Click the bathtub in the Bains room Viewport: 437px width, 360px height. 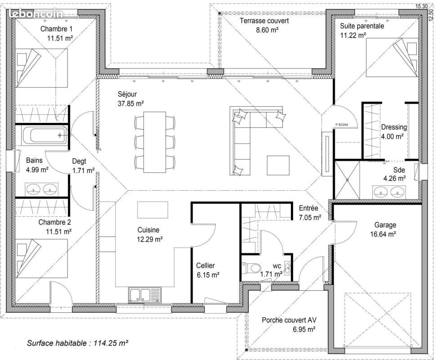[44, 135]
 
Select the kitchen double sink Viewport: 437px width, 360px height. [145, 295]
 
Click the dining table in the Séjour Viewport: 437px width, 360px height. [155, 142]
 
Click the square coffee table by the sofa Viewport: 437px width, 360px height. [278, 165]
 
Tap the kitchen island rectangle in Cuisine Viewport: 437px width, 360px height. [152, 210]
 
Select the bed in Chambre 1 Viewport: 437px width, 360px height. [42, 68]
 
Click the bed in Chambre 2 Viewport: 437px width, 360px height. [42, 258]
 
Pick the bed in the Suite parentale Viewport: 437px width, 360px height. [392, 58]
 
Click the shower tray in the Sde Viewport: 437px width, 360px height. [347, 180]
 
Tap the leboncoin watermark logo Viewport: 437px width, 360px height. [36, 13]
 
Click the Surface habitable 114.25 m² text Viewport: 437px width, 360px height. [77, 343]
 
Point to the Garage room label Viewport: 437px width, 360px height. [385, 225]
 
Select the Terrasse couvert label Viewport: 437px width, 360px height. [264, 21]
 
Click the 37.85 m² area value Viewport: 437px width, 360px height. [131, 104]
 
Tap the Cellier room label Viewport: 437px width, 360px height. [205, 265]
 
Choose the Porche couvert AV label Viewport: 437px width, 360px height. [289, 320]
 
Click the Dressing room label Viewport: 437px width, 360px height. [394, 127]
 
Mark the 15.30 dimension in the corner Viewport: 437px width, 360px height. [421, 6]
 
